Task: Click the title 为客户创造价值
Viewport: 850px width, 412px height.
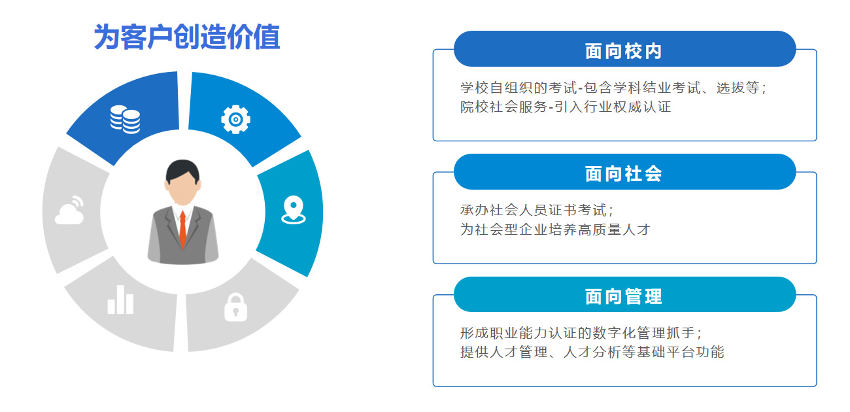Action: [x=187, y=37]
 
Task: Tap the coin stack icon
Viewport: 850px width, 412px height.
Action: [x=126, y=120]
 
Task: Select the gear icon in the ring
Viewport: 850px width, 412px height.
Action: [x=235, y=120]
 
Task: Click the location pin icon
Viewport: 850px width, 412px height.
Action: [x=294, y=210]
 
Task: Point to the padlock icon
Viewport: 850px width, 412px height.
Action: [x=235, y=307]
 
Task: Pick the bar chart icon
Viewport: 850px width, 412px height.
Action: [x=120, y=300]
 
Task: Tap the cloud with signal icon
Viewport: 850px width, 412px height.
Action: [x=69, y=210]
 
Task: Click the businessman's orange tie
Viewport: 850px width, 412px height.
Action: [x=183, y=230]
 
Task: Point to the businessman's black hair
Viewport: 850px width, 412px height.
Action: [x=182, y=171]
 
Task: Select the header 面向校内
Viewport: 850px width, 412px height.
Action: [x=624, y=51]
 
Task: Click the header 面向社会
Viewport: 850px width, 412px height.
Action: [x=624, y=174]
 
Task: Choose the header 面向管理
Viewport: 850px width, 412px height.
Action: [x=624, y=296]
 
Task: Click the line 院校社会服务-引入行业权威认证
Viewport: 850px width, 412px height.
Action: [x=566, y=107]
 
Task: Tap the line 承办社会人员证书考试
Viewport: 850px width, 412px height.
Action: [x=537, y=210]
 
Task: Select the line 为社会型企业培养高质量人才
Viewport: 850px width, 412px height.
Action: [x=555, y=230]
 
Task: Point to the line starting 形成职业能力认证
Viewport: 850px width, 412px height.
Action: [x=581, y=333]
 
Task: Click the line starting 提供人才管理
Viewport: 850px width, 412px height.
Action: [x=592, y=352]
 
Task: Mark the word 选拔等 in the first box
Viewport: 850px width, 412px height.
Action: [x=738, y=88]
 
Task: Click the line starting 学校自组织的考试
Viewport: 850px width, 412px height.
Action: [x=613, y=88]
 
